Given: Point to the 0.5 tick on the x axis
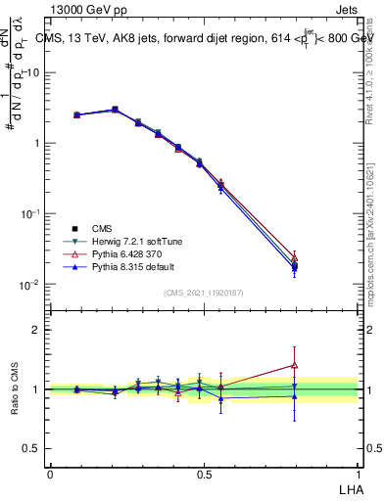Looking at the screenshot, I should [204, 473].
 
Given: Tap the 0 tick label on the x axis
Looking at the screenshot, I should [50, 473].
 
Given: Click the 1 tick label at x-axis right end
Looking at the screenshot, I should [360, 473].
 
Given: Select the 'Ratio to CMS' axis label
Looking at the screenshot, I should [15, 388].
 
